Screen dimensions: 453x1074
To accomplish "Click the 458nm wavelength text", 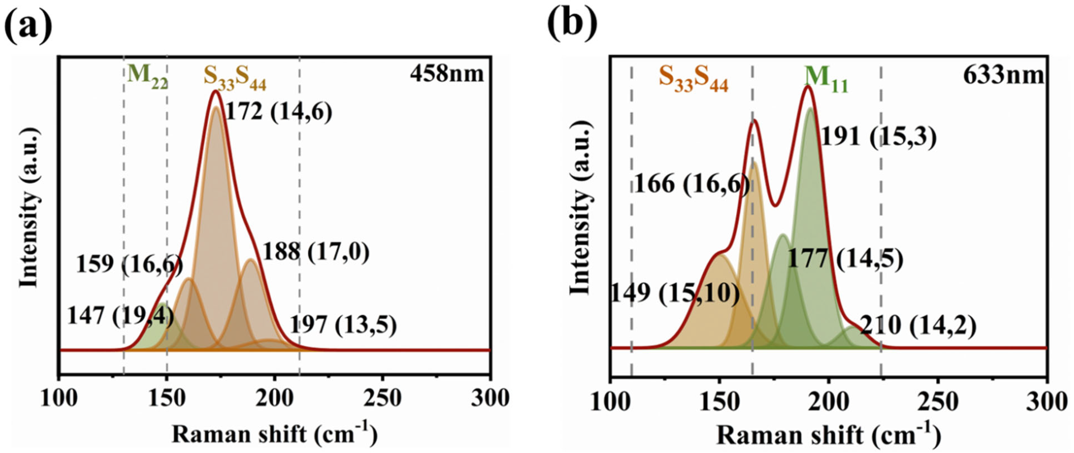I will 447,74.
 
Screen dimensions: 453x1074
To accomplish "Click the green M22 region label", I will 147,77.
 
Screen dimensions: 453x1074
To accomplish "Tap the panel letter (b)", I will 572,25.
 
